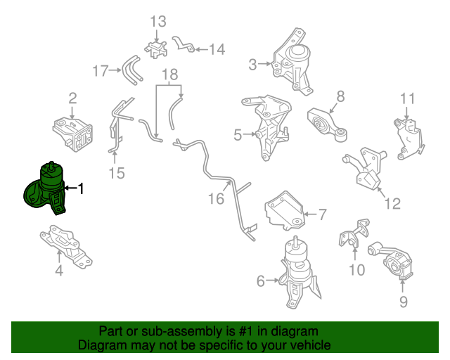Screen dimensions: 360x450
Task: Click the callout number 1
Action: coord(80,188)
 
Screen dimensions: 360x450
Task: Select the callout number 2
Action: coord(72,98)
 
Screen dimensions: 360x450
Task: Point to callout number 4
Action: coord(238,134)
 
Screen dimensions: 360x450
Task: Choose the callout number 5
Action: coord(261,281)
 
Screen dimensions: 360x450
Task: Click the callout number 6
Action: coord(322,214)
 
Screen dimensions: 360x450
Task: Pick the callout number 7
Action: coord(340,96)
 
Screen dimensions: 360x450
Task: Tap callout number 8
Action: coord(403,302)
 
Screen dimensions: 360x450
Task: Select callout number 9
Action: coord(356,269)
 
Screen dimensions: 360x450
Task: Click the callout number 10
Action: coord(409,98)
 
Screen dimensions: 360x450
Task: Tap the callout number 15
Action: coord(215,199)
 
